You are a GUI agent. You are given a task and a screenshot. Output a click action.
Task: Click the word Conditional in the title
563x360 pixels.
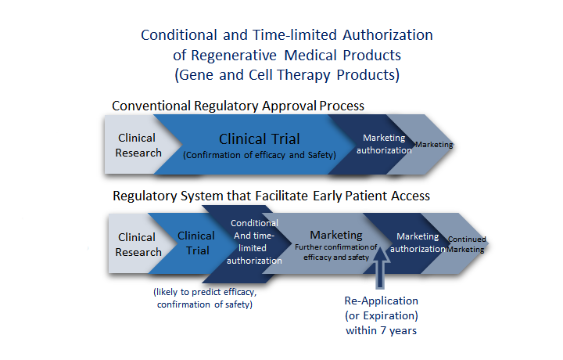179,35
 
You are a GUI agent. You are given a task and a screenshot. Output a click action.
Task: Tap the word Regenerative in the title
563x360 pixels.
234,56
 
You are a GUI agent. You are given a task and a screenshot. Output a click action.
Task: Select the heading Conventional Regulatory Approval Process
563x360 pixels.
238,106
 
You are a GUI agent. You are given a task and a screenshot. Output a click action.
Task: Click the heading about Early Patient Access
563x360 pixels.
271,196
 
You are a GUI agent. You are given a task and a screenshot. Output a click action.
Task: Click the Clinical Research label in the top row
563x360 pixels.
138,146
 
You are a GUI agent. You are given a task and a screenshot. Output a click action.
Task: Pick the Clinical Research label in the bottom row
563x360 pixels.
138,245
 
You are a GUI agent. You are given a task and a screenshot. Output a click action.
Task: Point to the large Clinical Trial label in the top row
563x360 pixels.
260,139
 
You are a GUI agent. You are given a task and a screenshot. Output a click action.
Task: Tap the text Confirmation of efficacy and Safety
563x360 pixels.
260,155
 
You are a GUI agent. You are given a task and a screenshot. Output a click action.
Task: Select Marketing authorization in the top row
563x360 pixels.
384,144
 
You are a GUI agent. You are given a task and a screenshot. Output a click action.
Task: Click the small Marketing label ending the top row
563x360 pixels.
434,145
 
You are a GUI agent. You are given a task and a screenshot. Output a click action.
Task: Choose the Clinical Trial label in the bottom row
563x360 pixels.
196,243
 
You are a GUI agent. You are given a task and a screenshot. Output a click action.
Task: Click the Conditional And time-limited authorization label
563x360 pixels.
254,242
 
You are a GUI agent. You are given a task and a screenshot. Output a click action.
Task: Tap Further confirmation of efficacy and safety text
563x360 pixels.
336,252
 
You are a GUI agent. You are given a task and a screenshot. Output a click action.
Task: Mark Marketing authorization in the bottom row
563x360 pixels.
418,243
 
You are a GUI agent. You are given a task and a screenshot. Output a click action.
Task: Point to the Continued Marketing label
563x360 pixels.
466,244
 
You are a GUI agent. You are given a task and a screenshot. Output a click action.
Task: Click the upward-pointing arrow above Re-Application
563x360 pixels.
379,267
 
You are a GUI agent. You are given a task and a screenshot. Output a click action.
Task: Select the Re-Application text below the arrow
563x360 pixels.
382,301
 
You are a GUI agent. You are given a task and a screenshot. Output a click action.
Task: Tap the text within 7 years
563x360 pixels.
382,330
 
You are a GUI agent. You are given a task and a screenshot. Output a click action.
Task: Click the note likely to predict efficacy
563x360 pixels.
205,292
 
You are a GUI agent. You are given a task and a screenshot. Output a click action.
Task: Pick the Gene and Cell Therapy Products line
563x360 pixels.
287,75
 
